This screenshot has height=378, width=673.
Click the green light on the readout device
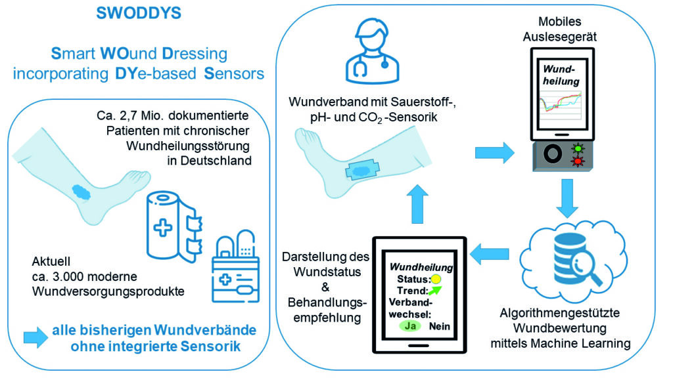pos(579,148)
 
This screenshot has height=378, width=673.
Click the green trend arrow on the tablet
pos(434,291)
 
